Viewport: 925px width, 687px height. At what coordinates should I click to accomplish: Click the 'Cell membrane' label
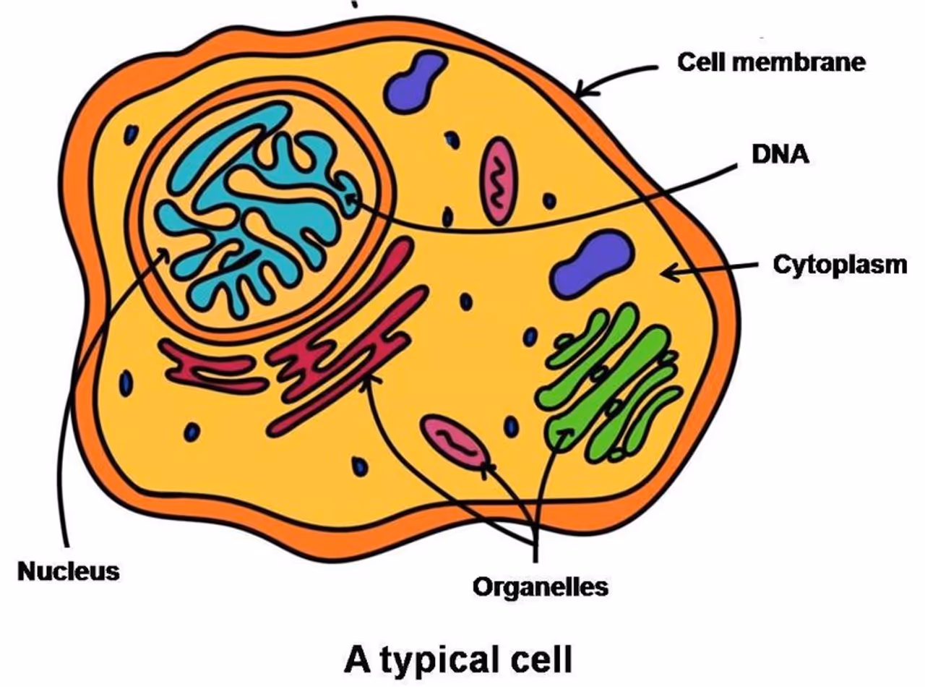(x=770, y=62)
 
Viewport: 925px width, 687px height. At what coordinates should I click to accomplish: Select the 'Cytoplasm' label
(x=840, y=265)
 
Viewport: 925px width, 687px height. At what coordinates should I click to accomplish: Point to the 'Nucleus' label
(x=69, y=571)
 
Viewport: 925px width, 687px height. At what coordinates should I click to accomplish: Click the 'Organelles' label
(x=541, y=586)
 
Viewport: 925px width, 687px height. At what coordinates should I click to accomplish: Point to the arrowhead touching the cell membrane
(x=583, y=91)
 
